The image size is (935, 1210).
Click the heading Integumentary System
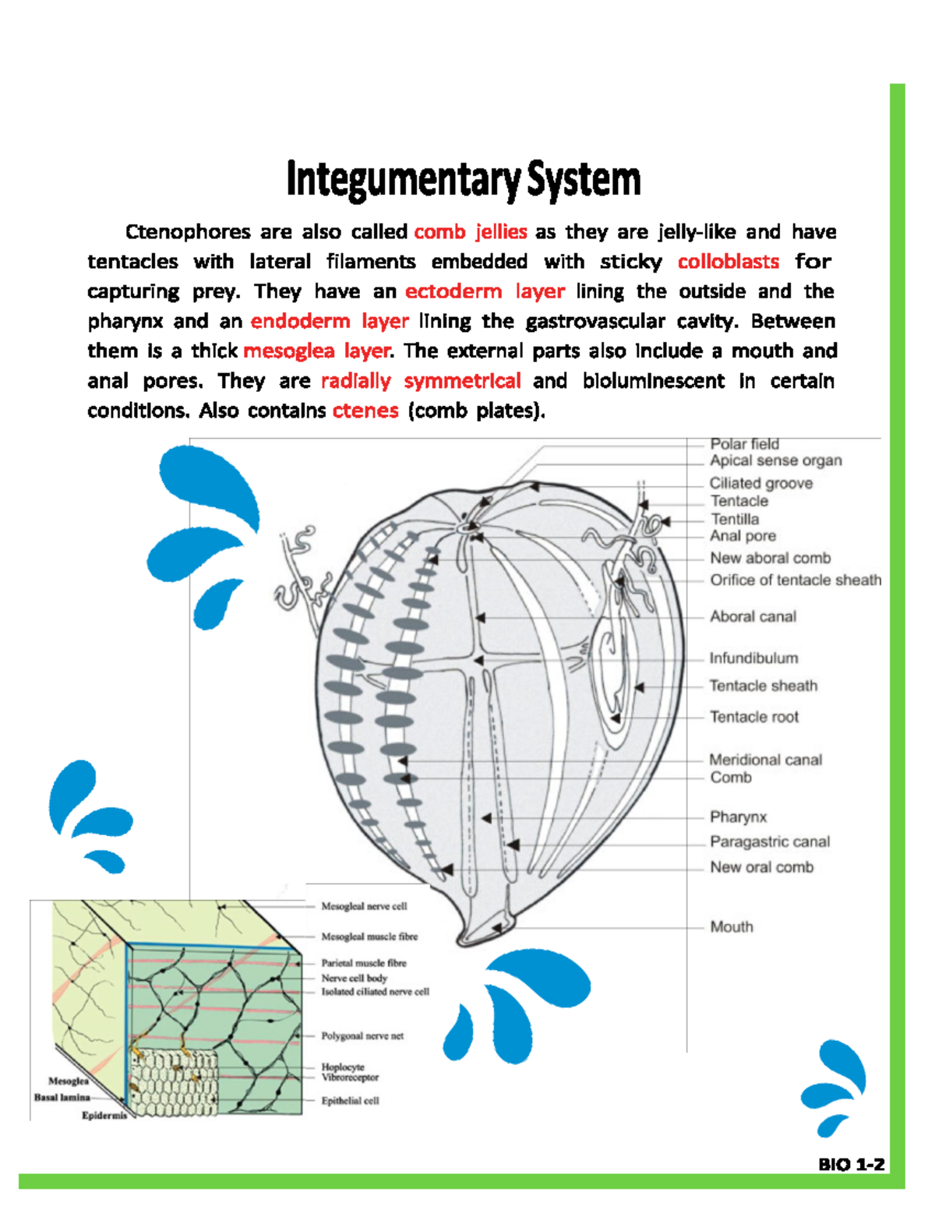click(464, 179)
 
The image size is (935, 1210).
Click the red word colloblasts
click(728, 262)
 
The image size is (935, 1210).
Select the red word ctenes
click(365, 411)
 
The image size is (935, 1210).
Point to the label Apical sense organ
click(775, 460)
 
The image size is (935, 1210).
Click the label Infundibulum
click(753, 658)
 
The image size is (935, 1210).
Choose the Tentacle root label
click(753, 717)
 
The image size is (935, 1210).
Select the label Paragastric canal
click(769, 841)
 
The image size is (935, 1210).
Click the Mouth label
click(731, 926)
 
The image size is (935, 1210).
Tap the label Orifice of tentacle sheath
click(795, 580)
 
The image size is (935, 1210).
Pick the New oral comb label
click(761, 867)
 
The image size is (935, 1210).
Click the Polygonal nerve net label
click(362, 1036)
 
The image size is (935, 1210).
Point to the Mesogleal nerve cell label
click(364, 906)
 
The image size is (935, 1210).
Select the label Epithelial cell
click(350, 1101)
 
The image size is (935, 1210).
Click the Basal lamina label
click(62, 1097)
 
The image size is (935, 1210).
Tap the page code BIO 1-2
click(851, 1165)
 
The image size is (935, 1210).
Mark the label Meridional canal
click(765, 760)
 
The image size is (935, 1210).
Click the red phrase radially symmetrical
click(421, 381)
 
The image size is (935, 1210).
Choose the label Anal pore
click(742, 536)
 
